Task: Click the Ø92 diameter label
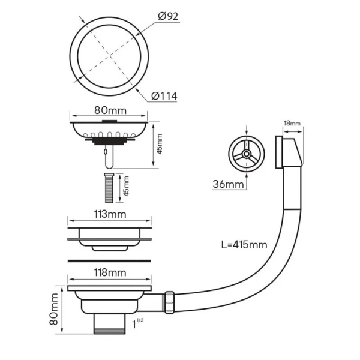pos(168,16)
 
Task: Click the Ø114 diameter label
pos(164,96)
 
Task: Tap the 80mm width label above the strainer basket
pos(110,110)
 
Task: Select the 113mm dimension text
pos(110,214)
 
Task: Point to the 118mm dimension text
pos(110,273)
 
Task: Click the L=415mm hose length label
pos(244,245)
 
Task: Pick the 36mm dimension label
pos(228,184)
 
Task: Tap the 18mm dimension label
pos(292,123)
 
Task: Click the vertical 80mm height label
pos(54,309)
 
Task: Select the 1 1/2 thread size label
pos(138,323)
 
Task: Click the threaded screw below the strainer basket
pos(109,188)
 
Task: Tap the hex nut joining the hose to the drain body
pos(169,302)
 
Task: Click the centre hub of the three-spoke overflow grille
pos(247,154)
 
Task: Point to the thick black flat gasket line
pos(110,261)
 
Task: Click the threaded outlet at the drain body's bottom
pos(109,324)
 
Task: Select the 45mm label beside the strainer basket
pos(159,144)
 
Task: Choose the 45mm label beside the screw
pos(125,186)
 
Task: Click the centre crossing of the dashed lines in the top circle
pos(110,55)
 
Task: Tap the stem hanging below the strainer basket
pos(109,155)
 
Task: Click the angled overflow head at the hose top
pos(289,152)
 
